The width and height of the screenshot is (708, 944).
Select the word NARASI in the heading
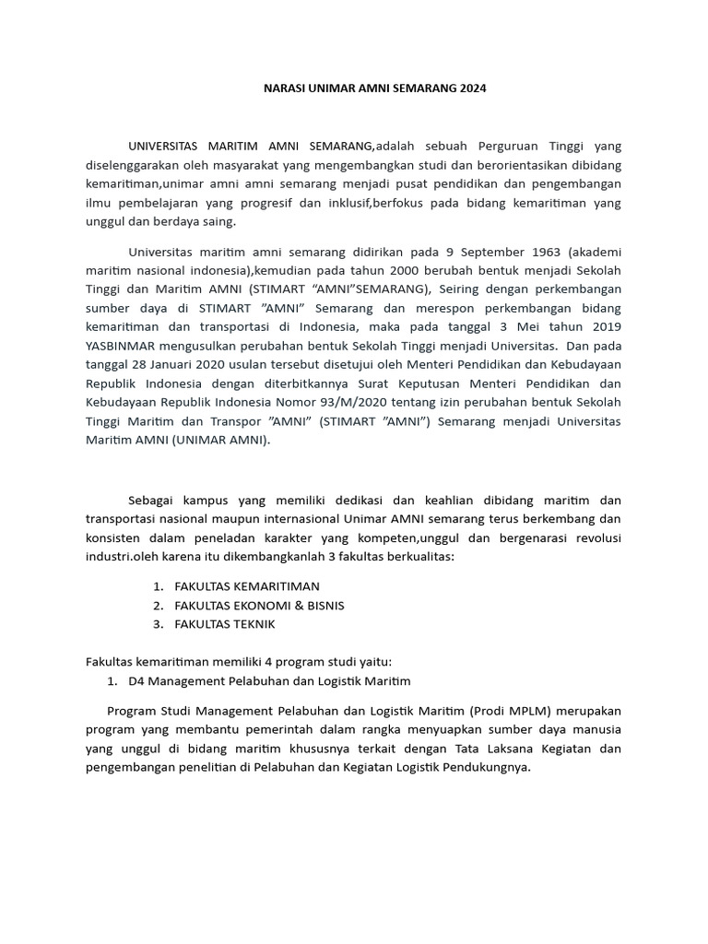[276, 88]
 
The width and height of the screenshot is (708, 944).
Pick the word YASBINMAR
[128, 345]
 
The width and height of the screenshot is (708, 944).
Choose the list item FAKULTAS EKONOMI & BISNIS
[259, 605]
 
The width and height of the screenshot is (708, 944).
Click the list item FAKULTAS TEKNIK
[224, 624]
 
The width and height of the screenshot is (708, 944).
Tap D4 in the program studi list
[137, 680]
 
